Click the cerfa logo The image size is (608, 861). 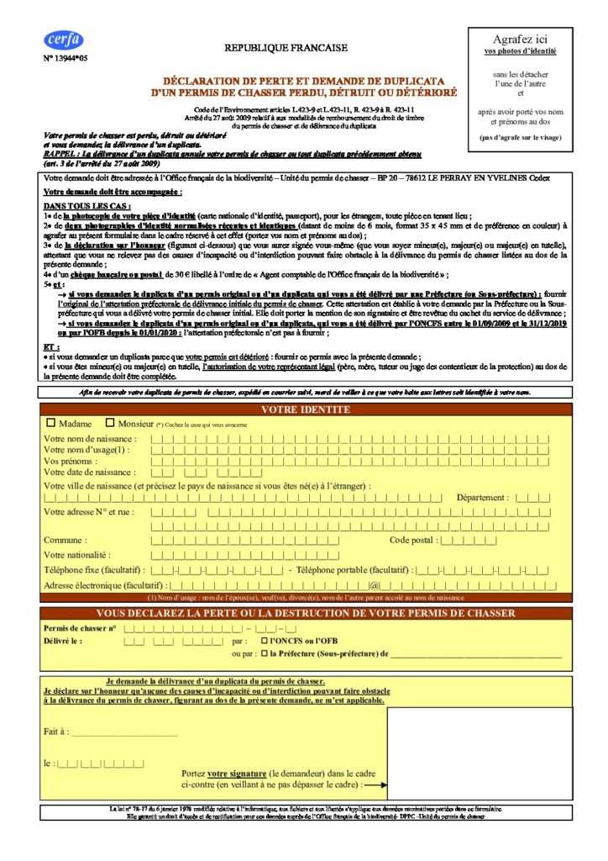pos(64,39)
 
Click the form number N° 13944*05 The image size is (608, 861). pos(64,59)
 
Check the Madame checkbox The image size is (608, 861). pos(52,424)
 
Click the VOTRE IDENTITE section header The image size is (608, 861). pos(306,409)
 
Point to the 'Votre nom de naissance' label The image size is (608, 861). pos(89,440)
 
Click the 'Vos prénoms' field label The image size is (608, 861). pos(69,462)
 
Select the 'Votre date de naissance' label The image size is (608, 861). pos(89,473)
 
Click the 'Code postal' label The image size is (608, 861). pos(413,540)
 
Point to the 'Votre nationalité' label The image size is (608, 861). pos(77,555)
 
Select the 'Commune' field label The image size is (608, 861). pos(65,540)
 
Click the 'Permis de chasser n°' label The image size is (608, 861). pos(80,628)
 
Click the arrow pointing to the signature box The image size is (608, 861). pos(375,785)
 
